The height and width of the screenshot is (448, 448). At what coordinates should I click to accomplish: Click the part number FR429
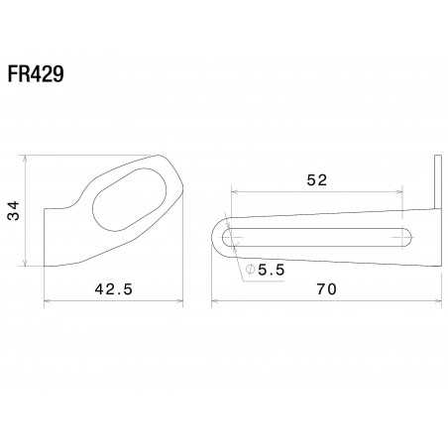[x=39, y=76]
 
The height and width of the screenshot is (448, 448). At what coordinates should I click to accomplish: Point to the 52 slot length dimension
[x=316, y=179]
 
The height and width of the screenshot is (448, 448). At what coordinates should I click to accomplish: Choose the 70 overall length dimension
[x=326, y=289]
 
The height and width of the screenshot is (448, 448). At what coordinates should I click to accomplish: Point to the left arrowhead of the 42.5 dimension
[x=49, y=298]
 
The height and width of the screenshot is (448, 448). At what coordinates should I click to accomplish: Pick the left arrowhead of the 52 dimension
[x=233, y=189]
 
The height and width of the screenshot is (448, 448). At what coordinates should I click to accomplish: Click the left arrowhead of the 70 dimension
[x=215, y=298]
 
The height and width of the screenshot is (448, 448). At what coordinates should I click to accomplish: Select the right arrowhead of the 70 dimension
[x=439, y=298]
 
